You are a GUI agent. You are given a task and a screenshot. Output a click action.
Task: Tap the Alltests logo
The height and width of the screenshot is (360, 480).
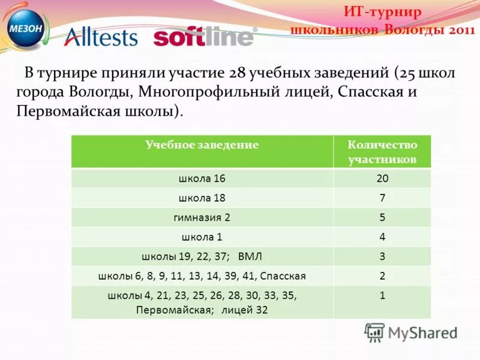pos(100,37)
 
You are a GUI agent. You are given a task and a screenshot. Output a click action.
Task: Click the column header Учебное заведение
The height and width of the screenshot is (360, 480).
pos(202,145)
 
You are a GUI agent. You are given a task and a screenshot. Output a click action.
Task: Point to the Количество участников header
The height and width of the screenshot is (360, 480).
pos(382,152)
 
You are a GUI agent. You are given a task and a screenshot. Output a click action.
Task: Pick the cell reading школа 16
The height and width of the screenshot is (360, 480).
pos(202,179)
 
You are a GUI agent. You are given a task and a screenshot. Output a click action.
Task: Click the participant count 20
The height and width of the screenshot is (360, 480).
pos(382,179)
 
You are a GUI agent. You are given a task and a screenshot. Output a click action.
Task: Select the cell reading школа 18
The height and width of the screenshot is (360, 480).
pos(202,198)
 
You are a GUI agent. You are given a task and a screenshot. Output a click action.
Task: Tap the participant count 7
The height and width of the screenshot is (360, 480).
pos(382,198)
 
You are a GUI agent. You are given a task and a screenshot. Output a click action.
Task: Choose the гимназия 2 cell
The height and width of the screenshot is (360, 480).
pos(202,217)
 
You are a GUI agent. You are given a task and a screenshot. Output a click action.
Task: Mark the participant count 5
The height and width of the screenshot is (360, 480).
pos(382,217)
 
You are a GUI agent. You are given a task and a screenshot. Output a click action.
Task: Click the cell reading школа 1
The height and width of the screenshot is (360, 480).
pos(202,237)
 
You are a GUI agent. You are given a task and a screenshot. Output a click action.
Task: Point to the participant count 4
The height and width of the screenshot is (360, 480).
pos(382,237)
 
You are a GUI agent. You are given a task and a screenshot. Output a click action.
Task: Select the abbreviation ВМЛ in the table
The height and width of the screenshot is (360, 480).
pos(250,257)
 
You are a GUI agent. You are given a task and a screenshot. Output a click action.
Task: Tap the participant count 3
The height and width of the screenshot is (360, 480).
pos(382,257)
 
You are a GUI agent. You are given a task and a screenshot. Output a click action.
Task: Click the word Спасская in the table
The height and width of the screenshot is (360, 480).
pos(283,276)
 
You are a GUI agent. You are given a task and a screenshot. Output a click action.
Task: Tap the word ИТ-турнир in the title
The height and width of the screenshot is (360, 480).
pos(383,12)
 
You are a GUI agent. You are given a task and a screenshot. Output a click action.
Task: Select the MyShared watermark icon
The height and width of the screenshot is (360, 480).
pos(374,332)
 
